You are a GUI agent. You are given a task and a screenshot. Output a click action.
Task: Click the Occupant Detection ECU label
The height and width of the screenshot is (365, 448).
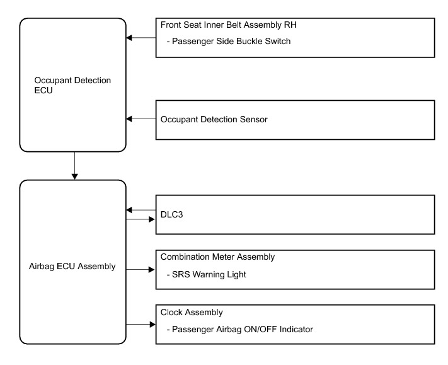click(x=72, y=85)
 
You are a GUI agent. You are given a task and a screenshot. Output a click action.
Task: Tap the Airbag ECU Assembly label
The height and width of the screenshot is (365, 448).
click(x=72, y=267)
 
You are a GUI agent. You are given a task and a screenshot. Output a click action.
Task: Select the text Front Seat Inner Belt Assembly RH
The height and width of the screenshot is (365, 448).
click(x=229, y=25)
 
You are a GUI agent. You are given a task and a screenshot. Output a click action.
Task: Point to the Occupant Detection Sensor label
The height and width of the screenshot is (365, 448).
click(x=214, y=120)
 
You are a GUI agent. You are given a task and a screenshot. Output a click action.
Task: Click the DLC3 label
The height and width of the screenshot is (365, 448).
click(x=172, y=214)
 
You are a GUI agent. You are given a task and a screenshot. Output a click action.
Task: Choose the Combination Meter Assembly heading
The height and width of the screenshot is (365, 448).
click(x=217, y=257)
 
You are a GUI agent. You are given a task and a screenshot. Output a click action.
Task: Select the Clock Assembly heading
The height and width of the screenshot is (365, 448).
click(x=192, y=312)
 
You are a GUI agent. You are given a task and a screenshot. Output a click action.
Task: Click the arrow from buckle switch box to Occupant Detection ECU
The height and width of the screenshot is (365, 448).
click(x=141, y=38)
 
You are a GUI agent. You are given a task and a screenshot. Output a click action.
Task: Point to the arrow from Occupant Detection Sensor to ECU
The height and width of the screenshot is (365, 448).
click(x=141, y=119)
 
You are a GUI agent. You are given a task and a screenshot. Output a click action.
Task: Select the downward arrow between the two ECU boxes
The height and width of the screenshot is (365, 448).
click(x=74, y=166)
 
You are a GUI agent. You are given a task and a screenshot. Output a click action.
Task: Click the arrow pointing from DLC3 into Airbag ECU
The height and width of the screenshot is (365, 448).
click(x=141, y=210)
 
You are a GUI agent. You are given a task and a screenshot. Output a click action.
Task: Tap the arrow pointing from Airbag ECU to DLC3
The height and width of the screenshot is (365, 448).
click(x=141, y=219)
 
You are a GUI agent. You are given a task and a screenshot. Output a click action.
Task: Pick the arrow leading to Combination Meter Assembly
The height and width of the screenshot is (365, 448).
click(x=141, y=270)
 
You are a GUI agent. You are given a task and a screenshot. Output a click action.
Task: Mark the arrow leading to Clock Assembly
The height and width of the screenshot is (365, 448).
click(x=141, y=325)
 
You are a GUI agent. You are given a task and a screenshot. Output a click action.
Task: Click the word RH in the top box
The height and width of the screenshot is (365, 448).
click(x=290, y=25)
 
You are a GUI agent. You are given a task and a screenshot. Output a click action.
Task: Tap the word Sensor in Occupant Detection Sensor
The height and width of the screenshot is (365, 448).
click(x=254, y=120)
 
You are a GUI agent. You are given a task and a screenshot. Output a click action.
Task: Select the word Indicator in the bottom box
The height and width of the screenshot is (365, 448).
click(x=296, y=329)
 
